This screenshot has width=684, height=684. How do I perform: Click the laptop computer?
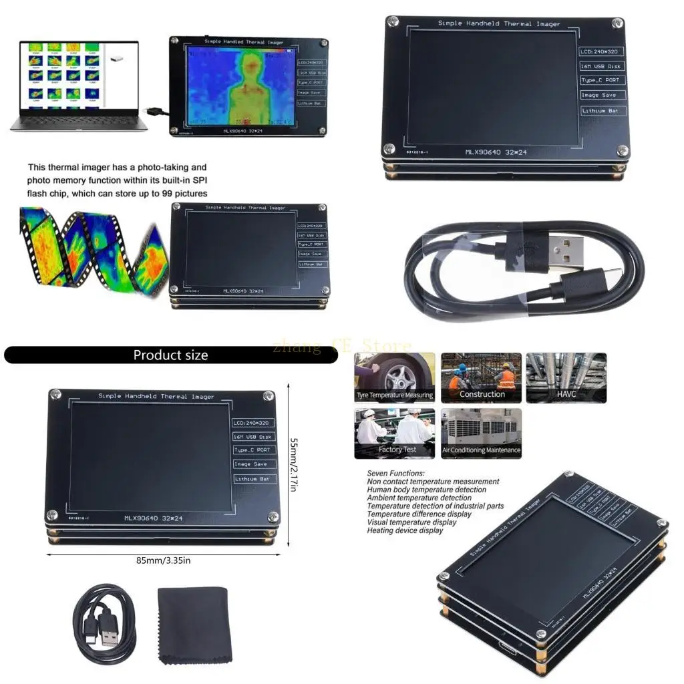point(77,83)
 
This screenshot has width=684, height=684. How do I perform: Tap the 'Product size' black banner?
point(170,355)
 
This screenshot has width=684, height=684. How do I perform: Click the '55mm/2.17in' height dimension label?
point(293,465)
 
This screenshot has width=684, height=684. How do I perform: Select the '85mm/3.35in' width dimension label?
point(163,560)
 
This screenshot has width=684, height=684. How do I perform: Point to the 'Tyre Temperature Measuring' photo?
point(395,377)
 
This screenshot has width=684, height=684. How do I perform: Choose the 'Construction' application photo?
point(481,377)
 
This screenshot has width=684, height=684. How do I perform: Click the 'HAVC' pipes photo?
point(566,377)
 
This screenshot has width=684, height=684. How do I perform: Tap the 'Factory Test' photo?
point(395,433)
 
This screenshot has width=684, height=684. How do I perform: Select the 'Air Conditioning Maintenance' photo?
point(481,433)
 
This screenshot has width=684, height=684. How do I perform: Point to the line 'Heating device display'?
point(405,530)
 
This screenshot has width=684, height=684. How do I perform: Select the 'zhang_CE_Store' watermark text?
point(341,346)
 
